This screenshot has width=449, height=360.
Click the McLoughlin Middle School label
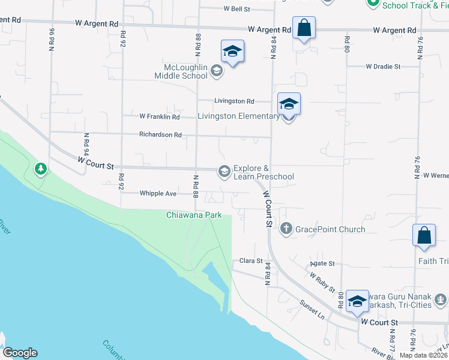click(181, 71)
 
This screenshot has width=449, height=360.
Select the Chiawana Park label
click(194, 215)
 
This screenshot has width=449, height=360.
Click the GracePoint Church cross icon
click(286, 229)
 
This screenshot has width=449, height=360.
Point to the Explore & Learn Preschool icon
click(224, 172)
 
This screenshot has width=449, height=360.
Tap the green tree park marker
click(40, 170)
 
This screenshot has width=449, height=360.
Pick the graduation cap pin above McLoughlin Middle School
click(232, 51)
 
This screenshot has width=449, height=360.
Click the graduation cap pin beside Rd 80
click(357, 301)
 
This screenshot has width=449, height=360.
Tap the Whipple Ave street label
click(158, 193)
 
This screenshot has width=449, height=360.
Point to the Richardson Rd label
click(160, 135)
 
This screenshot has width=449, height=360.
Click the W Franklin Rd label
click(159, 116)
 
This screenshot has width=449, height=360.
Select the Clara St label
click(252, 261)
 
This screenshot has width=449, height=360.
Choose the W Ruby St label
click(323, 281)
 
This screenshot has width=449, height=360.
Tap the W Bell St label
click(237, 9)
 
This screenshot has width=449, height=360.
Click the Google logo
click(19, 353)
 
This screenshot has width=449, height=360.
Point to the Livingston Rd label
click(235, 101)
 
